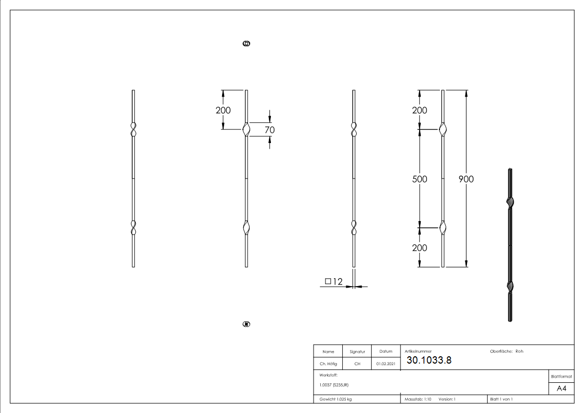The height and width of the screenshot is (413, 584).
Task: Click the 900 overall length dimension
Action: coord(466,179)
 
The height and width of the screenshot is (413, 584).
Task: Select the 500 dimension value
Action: coord(419,179)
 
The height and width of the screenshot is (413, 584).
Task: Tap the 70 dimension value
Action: coord(270,130)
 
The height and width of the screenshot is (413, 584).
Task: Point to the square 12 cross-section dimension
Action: coord(334,281)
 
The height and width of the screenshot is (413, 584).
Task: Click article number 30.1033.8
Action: coord(429,360)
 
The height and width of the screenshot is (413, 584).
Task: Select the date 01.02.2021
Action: coord(386,364)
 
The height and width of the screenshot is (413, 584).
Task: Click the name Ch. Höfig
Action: coord(328,364)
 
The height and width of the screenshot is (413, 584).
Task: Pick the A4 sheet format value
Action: coord(561,389)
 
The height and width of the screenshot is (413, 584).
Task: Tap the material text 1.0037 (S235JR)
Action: coord(334,385)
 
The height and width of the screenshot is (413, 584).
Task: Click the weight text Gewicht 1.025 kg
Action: coord(335,399)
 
